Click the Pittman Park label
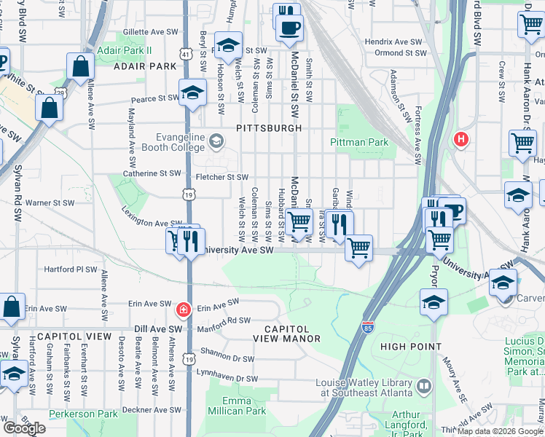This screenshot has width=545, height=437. coord(359,142)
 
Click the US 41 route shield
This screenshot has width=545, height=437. coord(187,55)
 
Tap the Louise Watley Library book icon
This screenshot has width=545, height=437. coord(424,385)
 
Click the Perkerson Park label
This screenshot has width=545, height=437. coord(83,414)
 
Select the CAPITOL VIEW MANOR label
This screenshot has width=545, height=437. coord(287,333)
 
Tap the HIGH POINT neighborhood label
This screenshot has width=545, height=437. coord(411,347)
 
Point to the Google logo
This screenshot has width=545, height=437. coord(24,428)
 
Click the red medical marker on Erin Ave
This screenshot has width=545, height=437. coord(182,310)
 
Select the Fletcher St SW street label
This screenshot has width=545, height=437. coord(222,177)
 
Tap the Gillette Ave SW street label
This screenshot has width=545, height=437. coord(151,32)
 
